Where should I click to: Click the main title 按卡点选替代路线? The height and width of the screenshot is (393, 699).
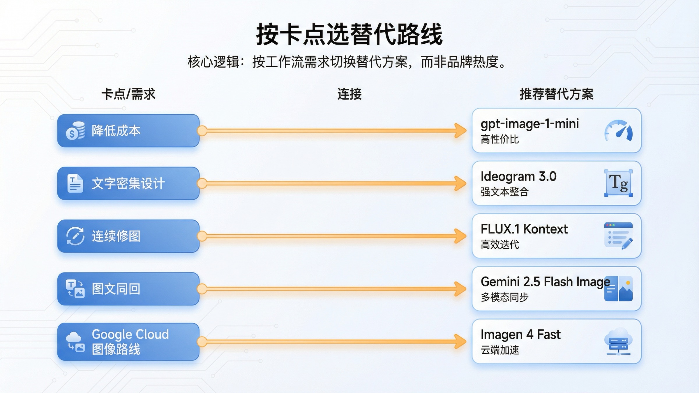[x=349, y=34]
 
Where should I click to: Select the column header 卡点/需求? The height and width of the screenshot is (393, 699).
[x=128, y=94]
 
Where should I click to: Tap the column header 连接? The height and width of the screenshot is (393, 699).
[x=349, y=94]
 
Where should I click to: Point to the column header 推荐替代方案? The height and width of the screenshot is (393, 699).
[x=556, y=94]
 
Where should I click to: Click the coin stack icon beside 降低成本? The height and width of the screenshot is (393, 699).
[x=75, y=131]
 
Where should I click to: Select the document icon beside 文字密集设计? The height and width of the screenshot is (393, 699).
[x=75, y=183]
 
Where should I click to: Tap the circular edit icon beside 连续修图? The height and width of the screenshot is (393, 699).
[x=75, y=236]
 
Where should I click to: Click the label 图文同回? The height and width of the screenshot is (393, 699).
[x=116, y=289]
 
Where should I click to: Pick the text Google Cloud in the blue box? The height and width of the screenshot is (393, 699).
[x=130, y=334]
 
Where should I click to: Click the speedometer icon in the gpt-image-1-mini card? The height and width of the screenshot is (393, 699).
[x=618, y=131]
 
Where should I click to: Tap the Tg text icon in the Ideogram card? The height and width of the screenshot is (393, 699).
[x=618, y=183]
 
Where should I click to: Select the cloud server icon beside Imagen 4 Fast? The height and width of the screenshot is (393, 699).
[x=618, y=341]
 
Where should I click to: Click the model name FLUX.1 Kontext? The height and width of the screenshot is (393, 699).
[x=524, y=229]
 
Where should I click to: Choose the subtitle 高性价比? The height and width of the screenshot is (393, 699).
[x=500, y=139]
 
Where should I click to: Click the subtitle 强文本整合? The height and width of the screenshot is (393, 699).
[x=504, y=192]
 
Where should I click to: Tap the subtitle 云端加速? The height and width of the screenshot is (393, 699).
[x=500, y=350]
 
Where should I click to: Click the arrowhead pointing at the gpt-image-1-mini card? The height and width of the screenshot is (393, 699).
[x=461, y=131]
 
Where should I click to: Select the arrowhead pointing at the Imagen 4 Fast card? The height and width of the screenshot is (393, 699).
[x=461, y=341]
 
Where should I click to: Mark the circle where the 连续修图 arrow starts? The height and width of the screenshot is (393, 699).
[x=202, y=236]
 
